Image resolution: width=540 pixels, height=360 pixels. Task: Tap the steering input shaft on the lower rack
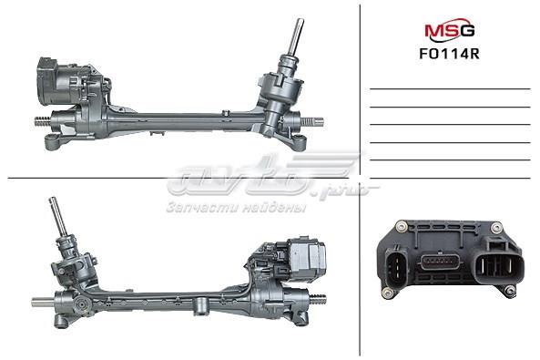click(57, 222)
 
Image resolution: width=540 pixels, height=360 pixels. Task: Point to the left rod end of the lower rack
click(40, 302)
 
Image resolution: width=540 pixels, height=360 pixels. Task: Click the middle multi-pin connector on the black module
click(442, 263)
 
